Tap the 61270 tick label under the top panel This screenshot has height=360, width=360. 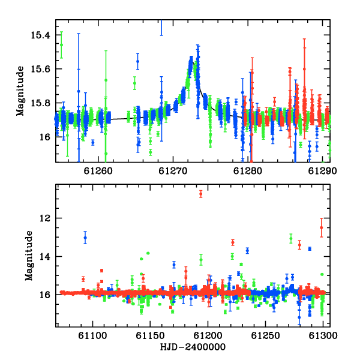pyautogui.click(x=173, y=171)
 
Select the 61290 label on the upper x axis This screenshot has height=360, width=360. pyautogui.click(x=323, y=171)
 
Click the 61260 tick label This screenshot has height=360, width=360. pyautogui.click(x=98, y=171)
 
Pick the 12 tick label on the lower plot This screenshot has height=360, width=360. pyautogui.click(x=45, y=218)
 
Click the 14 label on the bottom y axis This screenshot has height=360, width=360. pyautogui.click(x=45, y=256)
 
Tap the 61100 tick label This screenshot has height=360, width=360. pyautogui.click(x=92, y=335)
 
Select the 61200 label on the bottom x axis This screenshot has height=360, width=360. pyautogui.click(x=208, y=335)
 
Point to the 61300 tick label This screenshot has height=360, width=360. pyautogui.click(x=323, y=335)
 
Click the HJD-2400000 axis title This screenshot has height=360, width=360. pyautogui.click(x=193, y=347)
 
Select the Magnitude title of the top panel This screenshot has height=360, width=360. pyautogui.click(x=20, y=91)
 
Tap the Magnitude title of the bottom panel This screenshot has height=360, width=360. pyautogui.click(x=29, y=256)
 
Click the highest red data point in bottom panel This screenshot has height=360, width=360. pyautogui.click(x=201, y=194)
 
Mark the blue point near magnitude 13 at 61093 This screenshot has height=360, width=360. pyautogui.click(x=85, y=238)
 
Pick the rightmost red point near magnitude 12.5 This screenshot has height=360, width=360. pyautogui.click(x=322, y=227)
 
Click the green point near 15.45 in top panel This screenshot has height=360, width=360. pyautogui.click(x=61, y=45)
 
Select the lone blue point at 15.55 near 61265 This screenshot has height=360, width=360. pyautogui.click(x=138, y=61)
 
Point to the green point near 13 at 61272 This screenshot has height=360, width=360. pyautogui.click(x=291, y=239)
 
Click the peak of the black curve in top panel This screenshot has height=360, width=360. pyautogui.click(x=193, y=60)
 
